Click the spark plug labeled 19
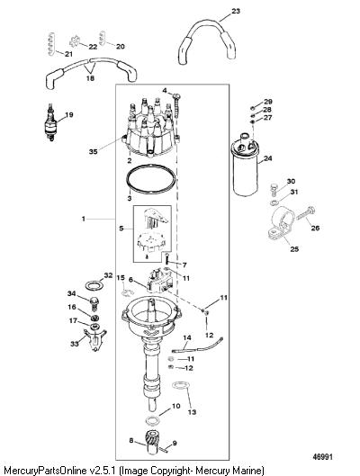coord(49,123)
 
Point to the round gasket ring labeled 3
coord(151,179)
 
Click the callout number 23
coord(236,11)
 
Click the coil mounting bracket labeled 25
coord(281,224)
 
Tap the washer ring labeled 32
coord(94,286)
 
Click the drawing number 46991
coord(323,456)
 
